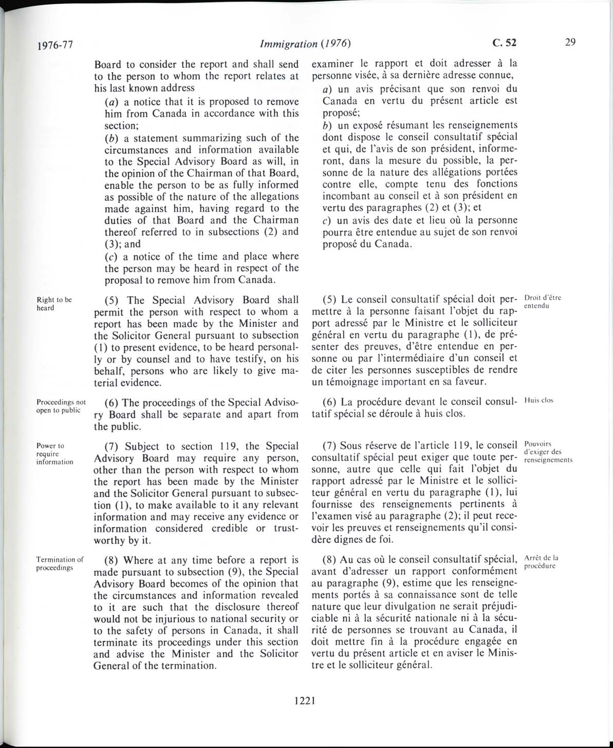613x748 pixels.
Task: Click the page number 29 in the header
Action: click(570, 43)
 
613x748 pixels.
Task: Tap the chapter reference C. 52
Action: click(504, 43)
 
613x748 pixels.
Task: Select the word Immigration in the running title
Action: click(288, 44)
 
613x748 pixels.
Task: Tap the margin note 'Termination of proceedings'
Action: click(60, 563)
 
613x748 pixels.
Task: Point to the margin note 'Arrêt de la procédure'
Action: click(542, 562)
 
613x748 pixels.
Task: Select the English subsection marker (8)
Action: click(113, 560)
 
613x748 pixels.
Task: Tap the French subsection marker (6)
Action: click(330, 402)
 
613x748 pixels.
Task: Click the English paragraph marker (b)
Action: click(112, 138)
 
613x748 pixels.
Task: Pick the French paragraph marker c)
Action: click(326, 221)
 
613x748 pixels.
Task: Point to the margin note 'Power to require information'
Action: click(54, 453)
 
